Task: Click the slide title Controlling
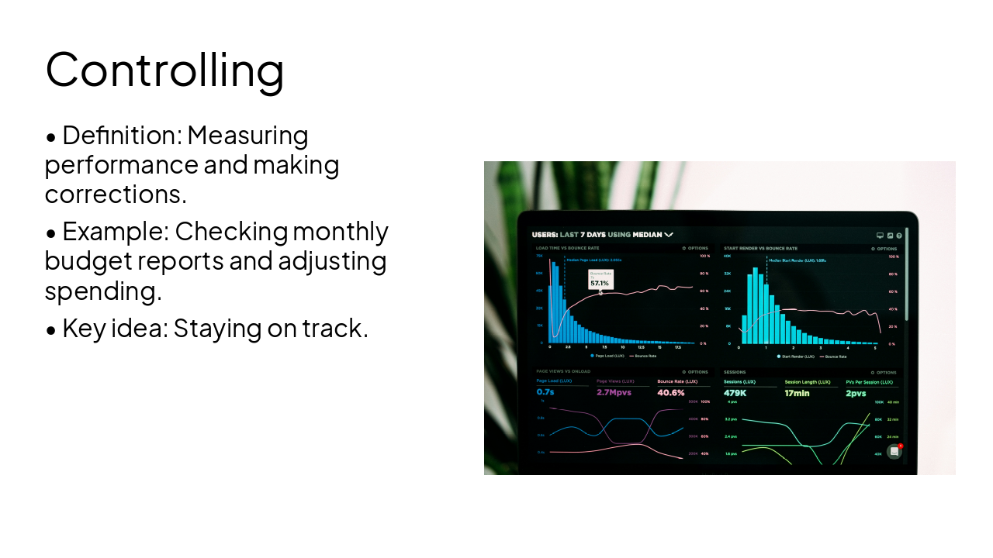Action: (164, 69)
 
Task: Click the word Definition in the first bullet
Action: (121, 136)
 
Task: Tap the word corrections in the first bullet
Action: (115, 194)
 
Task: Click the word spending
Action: (102, 291)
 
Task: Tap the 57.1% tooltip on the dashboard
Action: (600, 283)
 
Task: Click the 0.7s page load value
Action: (545, 392)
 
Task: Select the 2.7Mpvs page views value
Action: (614, 392)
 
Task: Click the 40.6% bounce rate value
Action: (671, 392)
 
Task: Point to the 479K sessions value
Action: (735, 392)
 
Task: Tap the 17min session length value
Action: (797, 392)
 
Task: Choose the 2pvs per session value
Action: (856, 392)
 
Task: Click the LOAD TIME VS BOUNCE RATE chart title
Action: (567, 248)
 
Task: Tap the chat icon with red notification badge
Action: (894, 451)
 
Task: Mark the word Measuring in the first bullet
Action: (247, 136)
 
